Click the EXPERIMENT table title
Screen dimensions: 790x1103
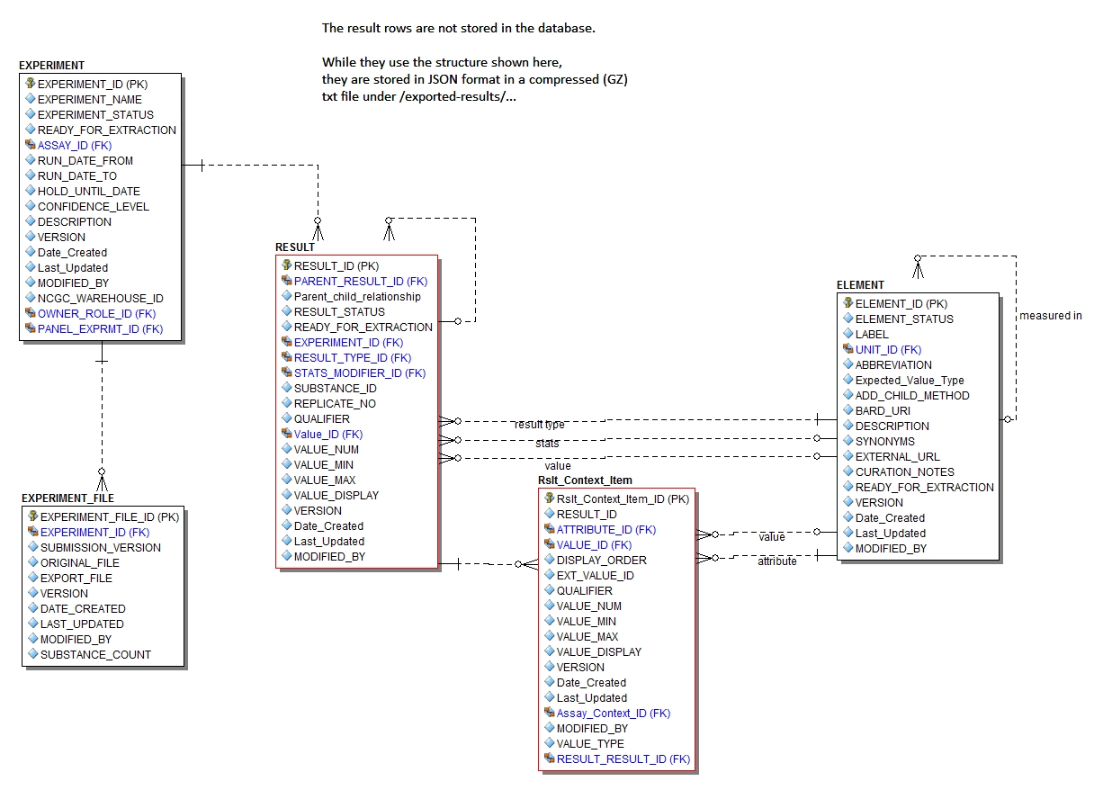51,66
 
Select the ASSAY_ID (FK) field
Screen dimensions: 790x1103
74,145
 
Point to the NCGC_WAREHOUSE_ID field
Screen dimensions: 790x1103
100,298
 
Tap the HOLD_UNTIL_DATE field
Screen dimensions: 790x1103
88,191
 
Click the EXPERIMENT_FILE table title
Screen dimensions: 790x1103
67,498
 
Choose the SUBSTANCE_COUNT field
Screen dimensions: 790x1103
95,654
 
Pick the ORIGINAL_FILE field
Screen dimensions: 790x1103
79,562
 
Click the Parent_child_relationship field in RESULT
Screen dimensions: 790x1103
357,296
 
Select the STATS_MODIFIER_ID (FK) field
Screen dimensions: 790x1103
359,373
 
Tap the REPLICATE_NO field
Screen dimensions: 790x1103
335,403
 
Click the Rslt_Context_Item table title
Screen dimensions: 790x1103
585,480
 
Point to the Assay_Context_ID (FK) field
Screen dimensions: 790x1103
613,713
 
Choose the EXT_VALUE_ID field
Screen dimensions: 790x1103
595,575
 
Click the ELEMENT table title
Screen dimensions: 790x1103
860,285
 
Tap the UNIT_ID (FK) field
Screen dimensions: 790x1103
888,349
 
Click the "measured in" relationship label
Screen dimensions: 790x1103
1050,316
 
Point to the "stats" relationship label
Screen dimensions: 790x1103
547,444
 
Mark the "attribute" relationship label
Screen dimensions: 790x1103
776,561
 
